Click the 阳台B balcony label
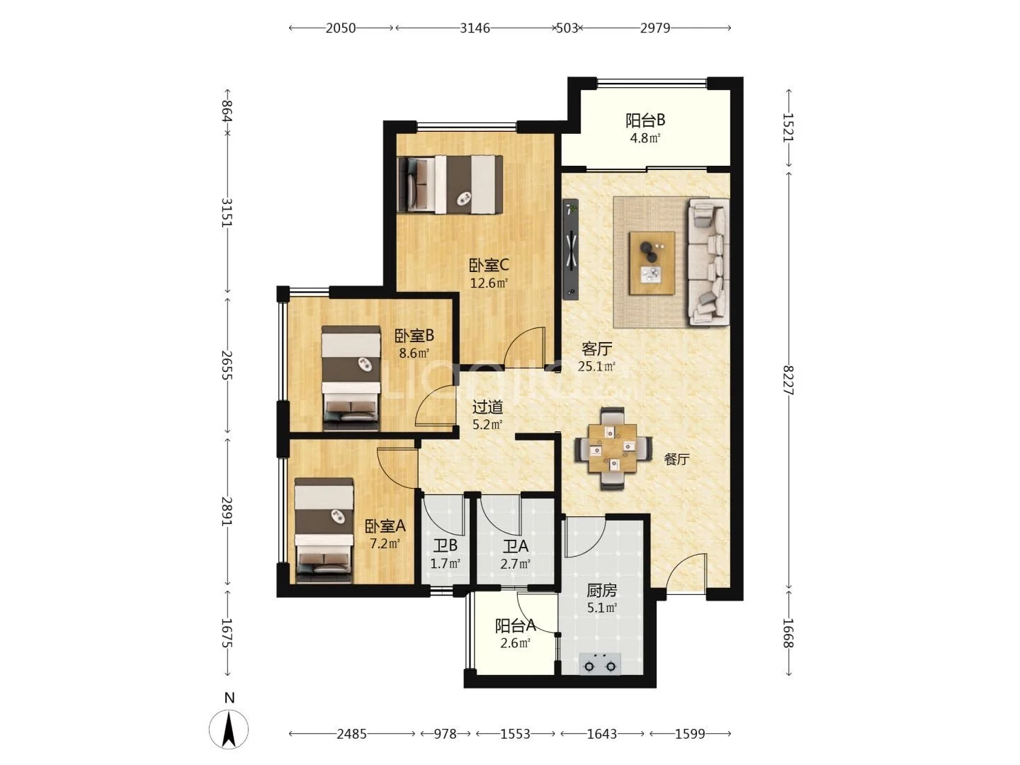click(x=645, y=120)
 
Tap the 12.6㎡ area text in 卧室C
click(x=488, y=283)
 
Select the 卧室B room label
click(x=414, y=335)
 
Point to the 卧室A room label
click(x=385, y=526)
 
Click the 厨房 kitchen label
click(x=602, y=590)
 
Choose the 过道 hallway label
click(x=487, y=407)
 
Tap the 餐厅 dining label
click(x=676, y=460)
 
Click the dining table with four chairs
click(x=613, y=448)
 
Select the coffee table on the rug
click(x=652, y=263)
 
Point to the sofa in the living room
click(x=708, y=261)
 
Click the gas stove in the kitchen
click(x=600, y=664)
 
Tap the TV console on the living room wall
click(x=571, y=249)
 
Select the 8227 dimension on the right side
click(x=788, y=380)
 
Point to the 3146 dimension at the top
click(x=475, y=28)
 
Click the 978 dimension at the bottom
click(x=445, y=734)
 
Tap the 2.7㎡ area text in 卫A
click(x=516, y=565)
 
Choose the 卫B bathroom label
click(x=445, y=545)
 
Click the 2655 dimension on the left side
click(x=226, y=365)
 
